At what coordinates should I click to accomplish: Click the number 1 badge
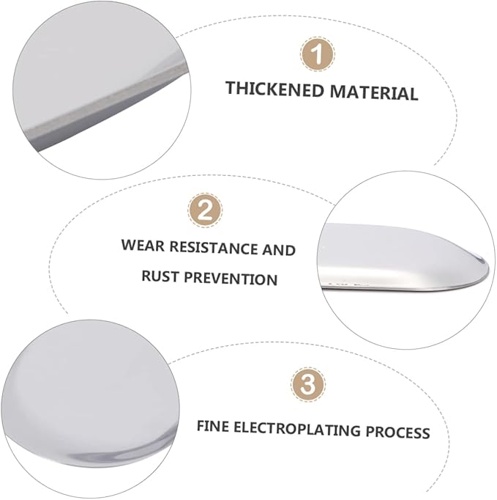(318, 54)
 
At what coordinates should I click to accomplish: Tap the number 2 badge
(205, 210)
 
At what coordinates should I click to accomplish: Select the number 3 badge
(308, 384)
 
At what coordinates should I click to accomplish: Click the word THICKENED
(274, 89)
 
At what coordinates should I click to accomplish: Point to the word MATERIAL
(374, 92)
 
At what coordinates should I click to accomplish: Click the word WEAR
(143, 246)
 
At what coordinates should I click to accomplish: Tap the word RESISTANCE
(214, 248)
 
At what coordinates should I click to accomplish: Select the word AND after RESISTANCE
(279, 250)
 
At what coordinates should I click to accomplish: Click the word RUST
(160, 276)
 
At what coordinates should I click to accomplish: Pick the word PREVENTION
(231, 279)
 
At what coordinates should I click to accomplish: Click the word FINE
(213, 426)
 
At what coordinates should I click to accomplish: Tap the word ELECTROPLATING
(296, 429)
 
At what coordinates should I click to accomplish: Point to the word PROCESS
(397, 432)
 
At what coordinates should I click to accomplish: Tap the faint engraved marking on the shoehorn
(348, 282)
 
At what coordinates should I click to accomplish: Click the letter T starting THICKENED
(231, 88)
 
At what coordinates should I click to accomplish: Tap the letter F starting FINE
(201, 426)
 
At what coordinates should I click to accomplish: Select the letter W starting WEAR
(129, 245)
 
